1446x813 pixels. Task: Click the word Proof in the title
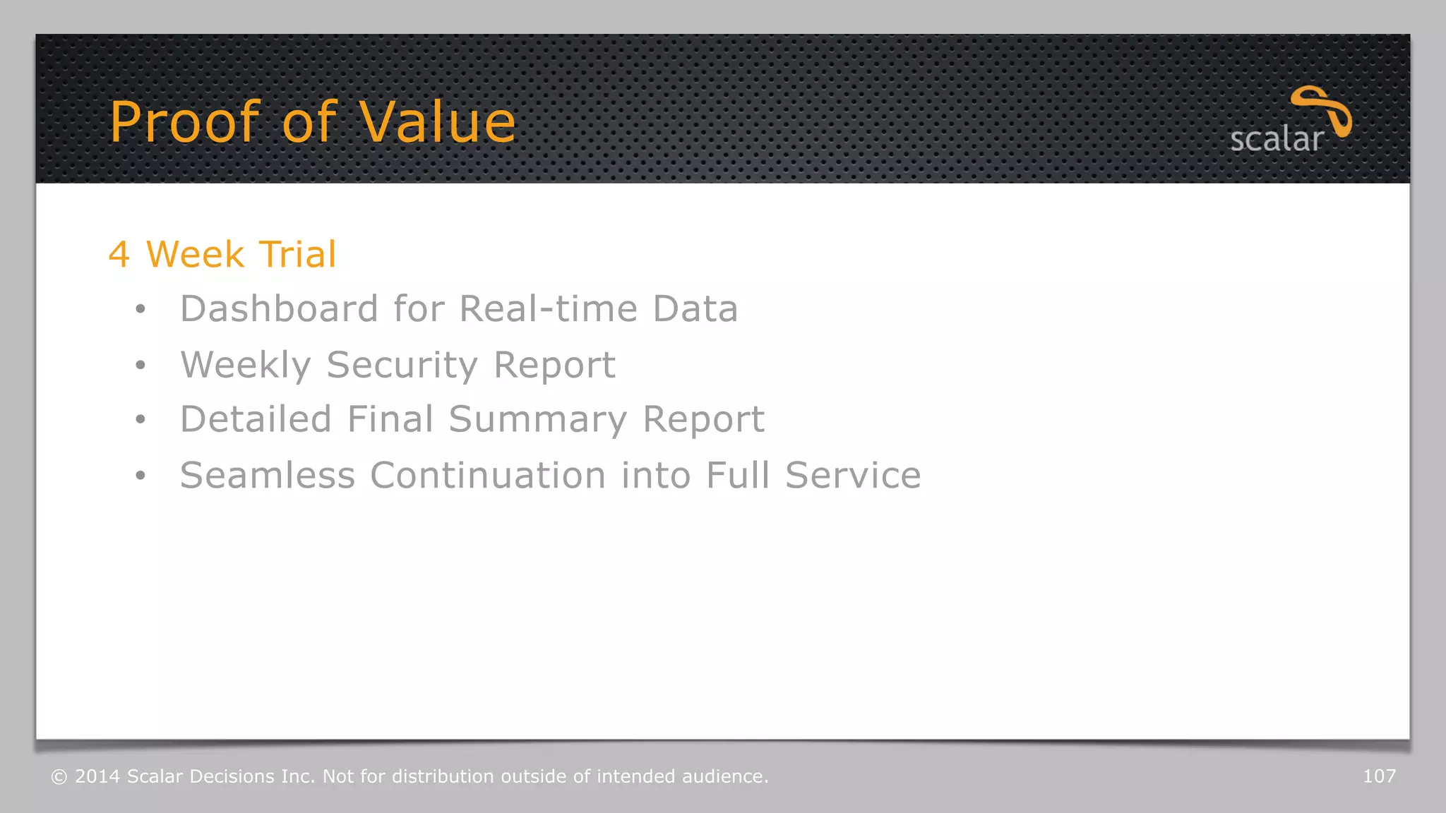click(185, 122)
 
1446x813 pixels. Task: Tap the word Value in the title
click(437, 122)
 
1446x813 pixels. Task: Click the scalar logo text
click(1276, 140)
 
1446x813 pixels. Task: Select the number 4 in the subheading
click(119, 254)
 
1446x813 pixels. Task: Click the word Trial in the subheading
click(297, 254)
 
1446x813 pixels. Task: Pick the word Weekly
click(245, 366)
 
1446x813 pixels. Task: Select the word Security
click(402, 366)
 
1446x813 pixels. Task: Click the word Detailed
click(256, 419)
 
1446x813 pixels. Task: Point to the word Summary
click(537, 421)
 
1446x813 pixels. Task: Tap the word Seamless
click(268, 475)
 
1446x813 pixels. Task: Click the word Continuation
click(488, 475)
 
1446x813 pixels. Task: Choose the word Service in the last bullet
click(853, 475)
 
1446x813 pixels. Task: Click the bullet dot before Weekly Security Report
click(141, 365)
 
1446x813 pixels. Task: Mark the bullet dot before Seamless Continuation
click(141, 476)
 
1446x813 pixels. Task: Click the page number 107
click(1379, 776)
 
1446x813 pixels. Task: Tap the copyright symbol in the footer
click(59, 777)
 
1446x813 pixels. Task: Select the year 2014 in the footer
click(97, 776)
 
